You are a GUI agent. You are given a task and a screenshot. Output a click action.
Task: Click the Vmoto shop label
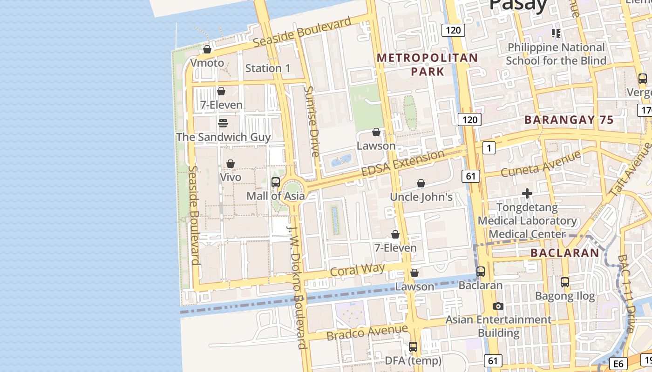pyautogui.click(x=207, y=63)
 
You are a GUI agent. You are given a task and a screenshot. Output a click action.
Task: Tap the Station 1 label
pyautogui.click(x=268, y=68)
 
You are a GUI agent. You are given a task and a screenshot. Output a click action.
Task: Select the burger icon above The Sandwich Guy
pyautogui.click(x=223, y=123)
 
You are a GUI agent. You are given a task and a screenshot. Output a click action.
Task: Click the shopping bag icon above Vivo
pyautogui.click(x=230, y=164)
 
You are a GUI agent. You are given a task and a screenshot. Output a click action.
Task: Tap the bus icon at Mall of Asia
pyautogui.click(x=276, y=182)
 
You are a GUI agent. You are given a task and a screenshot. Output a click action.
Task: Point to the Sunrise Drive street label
pyautogui.click(x=311, y=121)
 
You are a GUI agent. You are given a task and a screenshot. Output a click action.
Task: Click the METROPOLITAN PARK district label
pyautogui.click(x=427, y=65)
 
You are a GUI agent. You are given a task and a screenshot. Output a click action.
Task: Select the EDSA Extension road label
pyautogui.click(x=403, y=163)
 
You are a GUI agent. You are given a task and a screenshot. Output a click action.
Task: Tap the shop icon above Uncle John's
pyautogui.click(x=421, y=183)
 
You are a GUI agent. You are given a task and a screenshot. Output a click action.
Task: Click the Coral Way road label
pyautogui.click(x=357, y=270)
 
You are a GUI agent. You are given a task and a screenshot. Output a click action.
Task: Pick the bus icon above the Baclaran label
pyautogui.click(x=481, y=272)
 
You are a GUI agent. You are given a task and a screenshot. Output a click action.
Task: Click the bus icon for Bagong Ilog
pyautogui.click(x=565, y=282)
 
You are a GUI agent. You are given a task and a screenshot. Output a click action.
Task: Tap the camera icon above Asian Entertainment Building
pyautogui.click(x=498, y=306)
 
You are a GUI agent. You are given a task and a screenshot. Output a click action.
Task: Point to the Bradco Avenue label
pyautogui.click(x=367, y=332)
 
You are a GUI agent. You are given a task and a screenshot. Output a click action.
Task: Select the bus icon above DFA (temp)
pyautogui.click(x=413, y=346)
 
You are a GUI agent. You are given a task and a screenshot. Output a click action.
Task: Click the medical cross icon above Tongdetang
pyautogui.click(x=527, y=193)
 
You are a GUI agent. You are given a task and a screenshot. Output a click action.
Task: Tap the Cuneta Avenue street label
pyautogui.click(x=541, y=163)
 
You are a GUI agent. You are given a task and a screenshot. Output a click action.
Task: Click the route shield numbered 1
pyautogui.click(x=489, y=148)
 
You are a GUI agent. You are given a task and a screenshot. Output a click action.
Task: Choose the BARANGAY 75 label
pyautogui.click(x=569, y=120)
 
